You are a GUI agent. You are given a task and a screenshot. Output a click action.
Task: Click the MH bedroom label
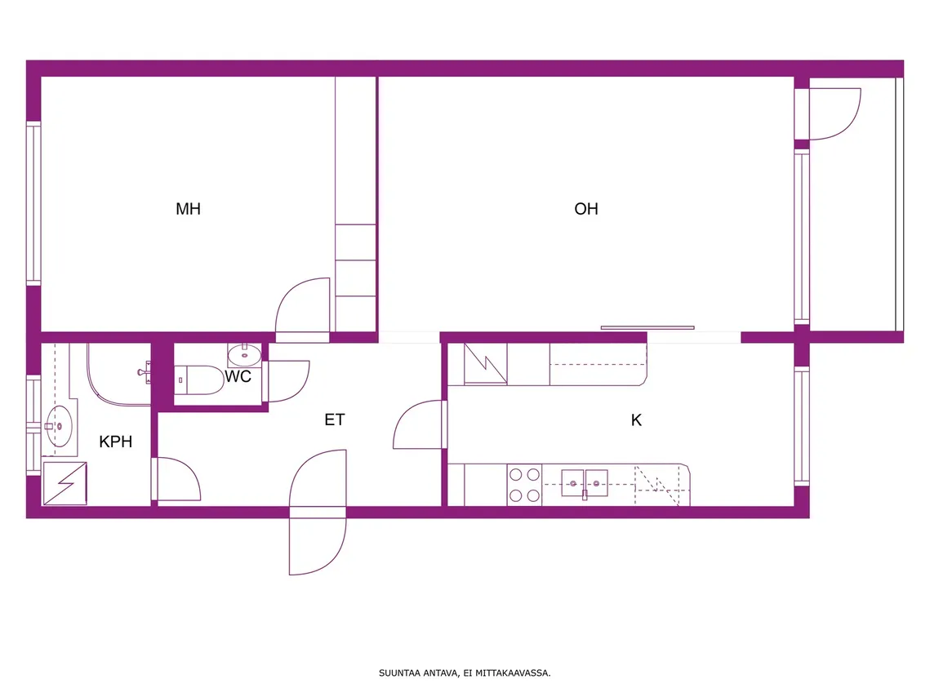coord(188,209)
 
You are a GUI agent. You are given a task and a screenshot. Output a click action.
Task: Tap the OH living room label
coord(586,209)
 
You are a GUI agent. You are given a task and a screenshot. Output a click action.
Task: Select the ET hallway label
coord(335,420)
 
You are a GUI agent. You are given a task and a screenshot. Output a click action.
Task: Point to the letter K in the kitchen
coord(636,420)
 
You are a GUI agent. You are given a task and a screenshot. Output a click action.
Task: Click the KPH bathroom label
coord(115,442)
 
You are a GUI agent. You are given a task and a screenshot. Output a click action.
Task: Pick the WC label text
coord(238,376)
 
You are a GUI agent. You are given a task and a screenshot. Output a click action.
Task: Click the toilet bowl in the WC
coord(199,380)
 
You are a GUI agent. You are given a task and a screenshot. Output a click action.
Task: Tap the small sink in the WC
coord(244,355)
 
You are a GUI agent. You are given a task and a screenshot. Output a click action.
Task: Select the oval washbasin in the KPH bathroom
coord(59,426)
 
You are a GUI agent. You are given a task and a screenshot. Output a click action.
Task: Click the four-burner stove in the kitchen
coord(524,485)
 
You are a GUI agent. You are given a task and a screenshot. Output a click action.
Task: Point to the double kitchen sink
coord(585,482)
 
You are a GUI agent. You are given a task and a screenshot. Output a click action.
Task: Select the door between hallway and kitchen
coord(419,424)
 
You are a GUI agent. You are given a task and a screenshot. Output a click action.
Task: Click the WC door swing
coord(287,382)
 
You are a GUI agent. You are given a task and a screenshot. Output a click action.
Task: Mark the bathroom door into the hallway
coord(176,479)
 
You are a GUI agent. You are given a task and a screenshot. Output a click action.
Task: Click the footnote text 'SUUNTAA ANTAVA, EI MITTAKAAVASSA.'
coord(465,673)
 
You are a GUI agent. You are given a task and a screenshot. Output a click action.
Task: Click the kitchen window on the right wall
coord(802,426)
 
